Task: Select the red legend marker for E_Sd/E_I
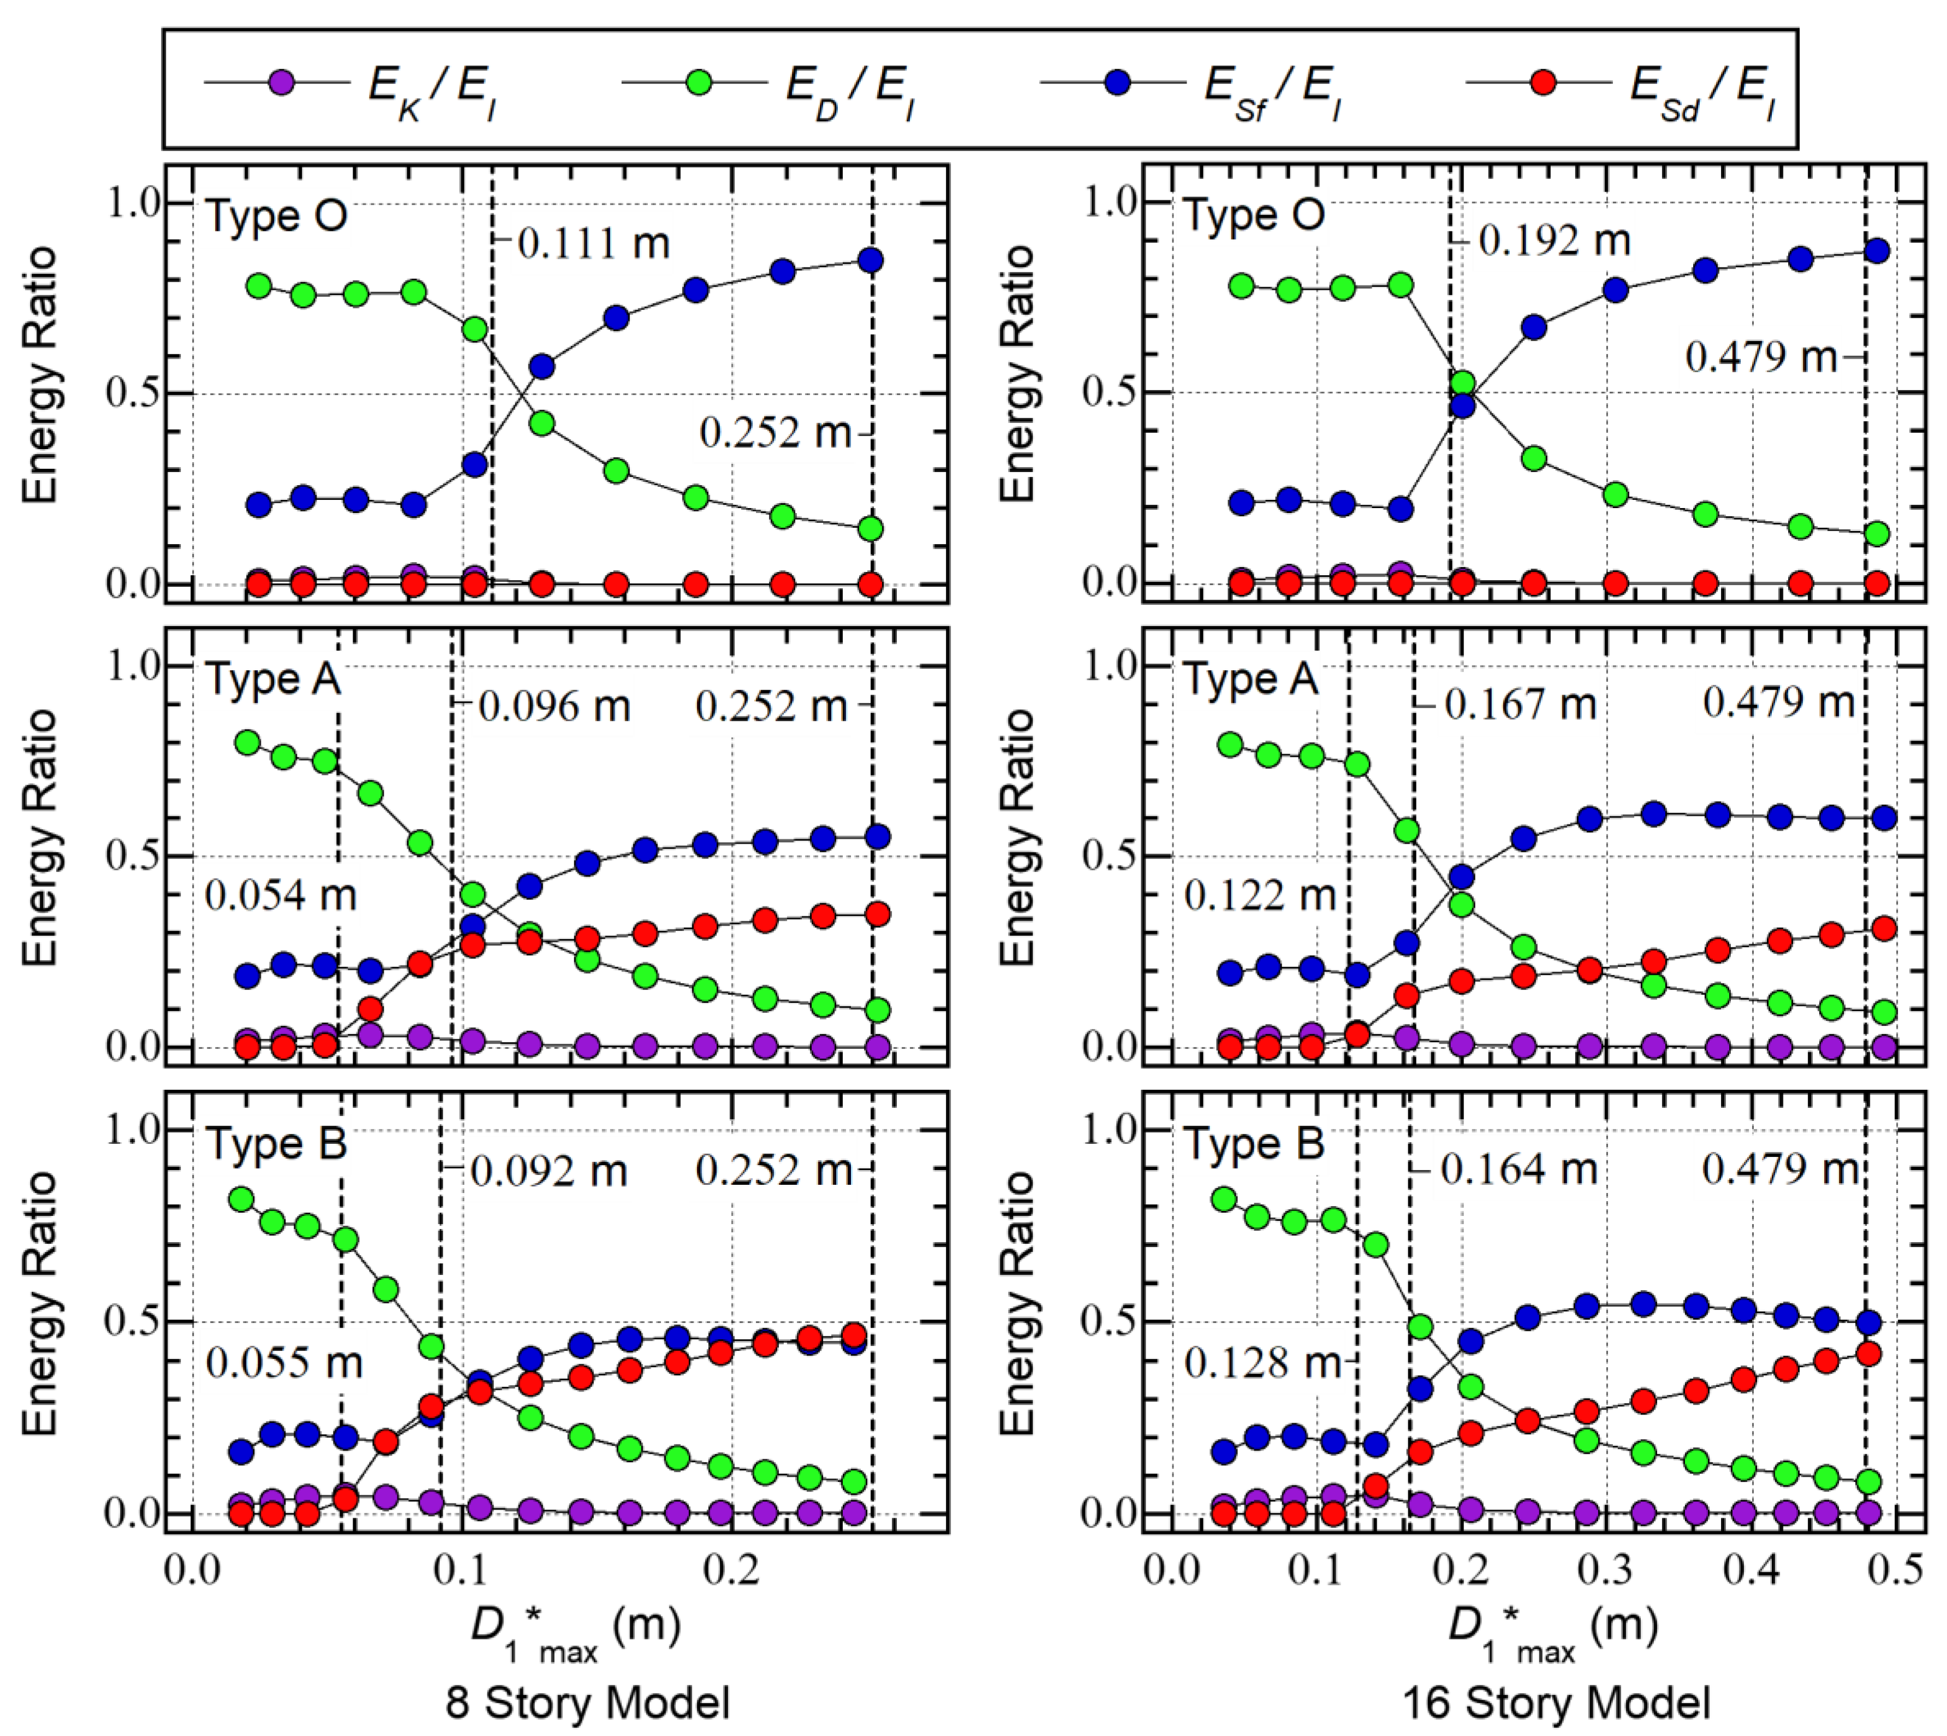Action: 1543,83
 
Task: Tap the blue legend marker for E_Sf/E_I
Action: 1117,83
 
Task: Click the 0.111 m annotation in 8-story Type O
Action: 593,244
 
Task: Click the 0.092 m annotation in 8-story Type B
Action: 549,1171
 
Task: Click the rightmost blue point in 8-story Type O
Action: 870,260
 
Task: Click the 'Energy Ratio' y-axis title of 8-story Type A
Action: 40,838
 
